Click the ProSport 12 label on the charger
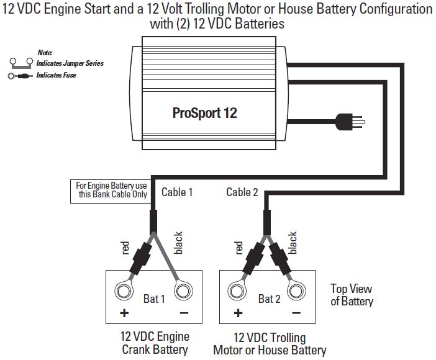tap(204, 114)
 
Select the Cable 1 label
tap(177, 192)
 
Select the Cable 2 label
tap(242, 192)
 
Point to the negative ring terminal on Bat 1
tap(183, 290)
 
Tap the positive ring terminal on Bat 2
tap(237, 290)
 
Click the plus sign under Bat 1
tap(124, 313)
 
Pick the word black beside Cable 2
tap(293, 243)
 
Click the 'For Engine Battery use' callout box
tap(111, 190)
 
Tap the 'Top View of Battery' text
tap(352, 295)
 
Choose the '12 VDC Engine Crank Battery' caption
tap(155, 343)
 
